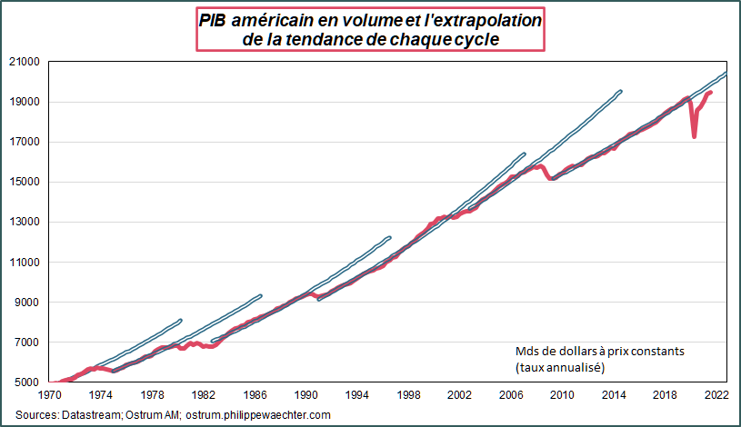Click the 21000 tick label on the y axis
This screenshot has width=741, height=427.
25,62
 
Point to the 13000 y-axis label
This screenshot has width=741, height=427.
25,222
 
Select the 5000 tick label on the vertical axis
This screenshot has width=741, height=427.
27,382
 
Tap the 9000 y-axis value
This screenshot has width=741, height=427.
27,303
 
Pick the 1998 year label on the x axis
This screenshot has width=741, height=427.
409,395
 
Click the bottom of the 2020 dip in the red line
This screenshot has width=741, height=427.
695,136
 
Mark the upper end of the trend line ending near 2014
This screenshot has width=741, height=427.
620,91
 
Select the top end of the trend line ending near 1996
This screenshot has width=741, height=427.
389,238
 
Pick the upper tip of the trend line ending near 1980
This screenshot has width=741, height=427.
181,320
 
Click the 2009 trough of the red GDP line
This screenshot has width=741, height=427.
551,179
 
